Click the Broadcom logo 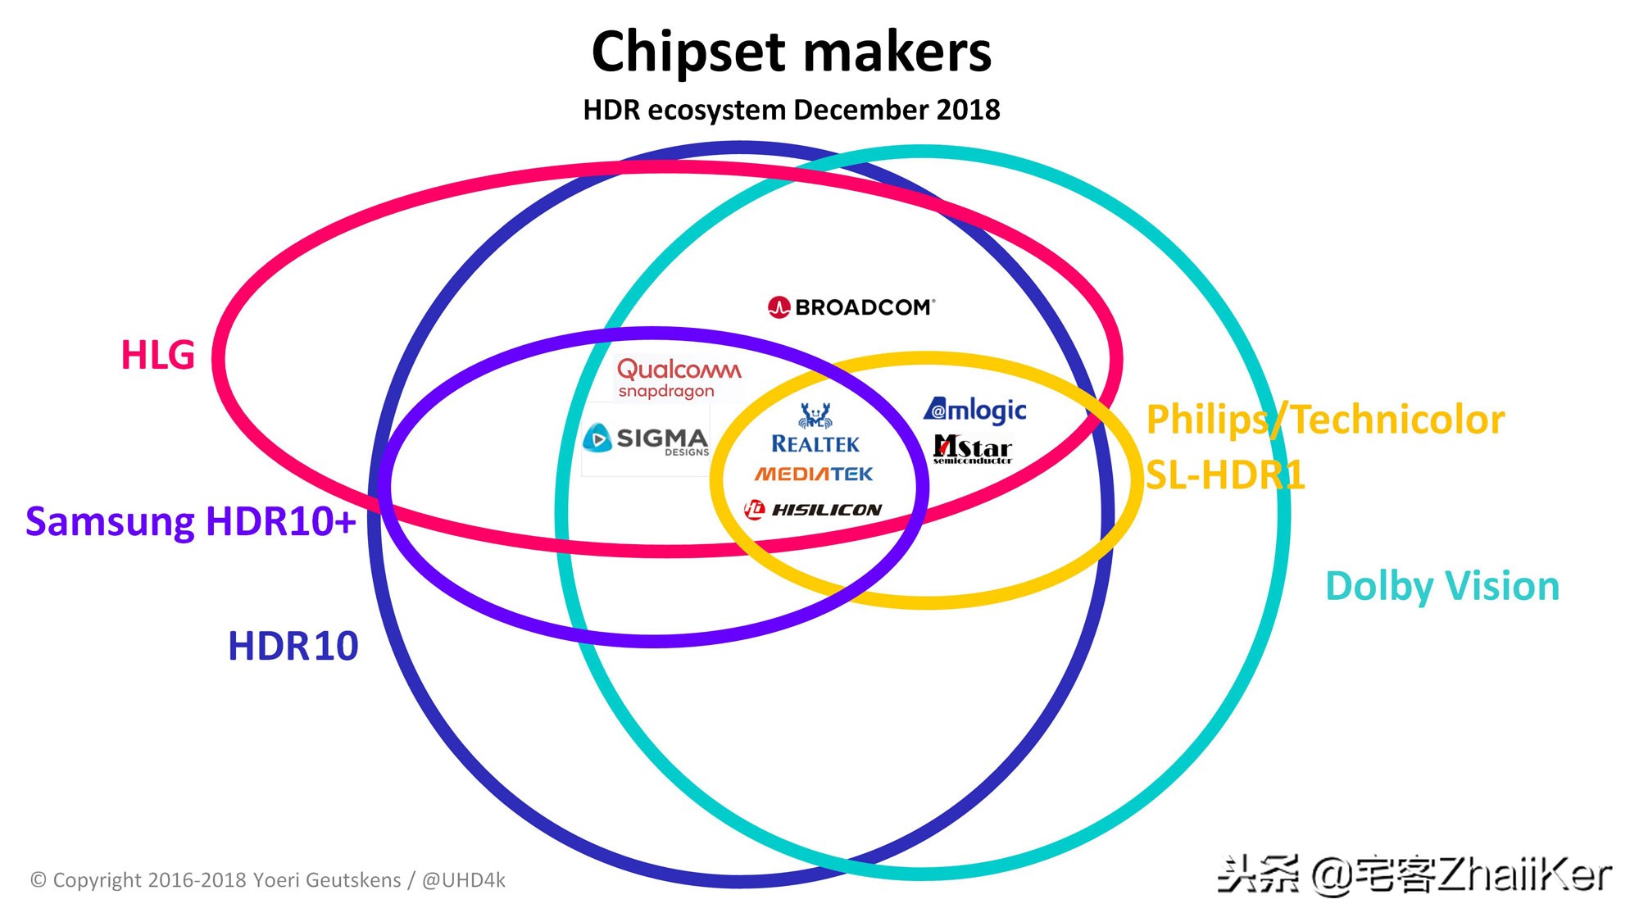tap(852, 307)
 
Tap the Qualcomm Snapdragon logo tap(679, 378)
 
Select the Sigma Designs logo tap(647, 439)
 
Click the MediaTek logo tap(814, 474)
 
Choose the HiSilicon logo tap(813, 510)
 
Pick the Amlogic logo tap(975, 409)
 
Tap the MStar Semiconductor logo tap(973, 449)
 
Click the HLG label tap(157, 356)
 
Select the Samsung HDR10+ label tap(190, 521)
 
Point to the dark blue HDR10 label tap(293, 646)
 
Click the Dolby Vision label tap(1442, 587)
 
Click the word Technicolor tap(1398, 420)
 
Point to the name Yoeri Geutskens tap(327, 880)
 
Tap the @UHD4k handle tap(463, 880)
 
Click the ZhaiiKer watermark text tap(1524, 875)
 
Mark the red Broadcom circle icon tap(779, 307)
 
